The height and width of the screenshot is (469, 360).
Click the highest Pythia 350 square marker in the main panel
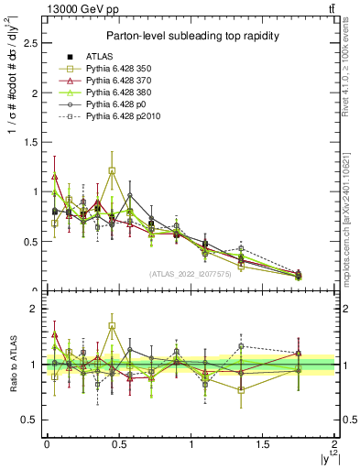[x=112, y=170]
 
